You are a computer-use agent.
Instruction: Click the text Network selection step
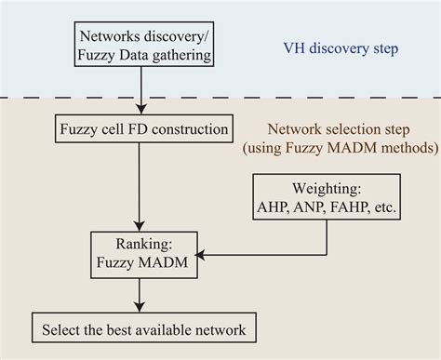click(x=331, y=130)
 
